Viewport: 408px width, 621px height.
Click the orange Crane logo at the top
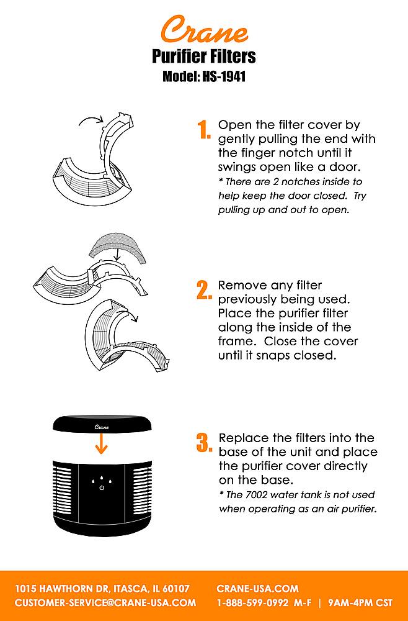point(205,29)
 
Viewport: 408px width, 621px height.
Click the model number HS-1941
point(224,76)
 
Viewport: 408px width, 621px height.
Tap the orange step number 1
point(204,130)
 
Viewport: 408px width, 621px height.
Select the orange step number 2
point(204,290)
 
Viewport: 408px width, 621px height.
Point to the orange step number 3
point(205,443)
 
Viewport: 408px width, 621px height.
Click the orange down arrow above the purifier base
point(102,443)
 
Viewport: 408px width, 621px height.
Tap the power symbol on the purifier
point(102,487)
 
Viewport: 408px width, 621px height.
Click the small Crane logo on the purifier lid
point(102,427)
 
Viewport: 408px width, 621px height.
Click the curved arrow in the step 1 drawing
point(91,119)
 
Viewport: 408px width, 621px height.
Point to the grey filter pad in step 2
point(117,248)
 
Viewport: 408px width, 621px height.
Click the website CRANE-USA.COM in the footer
point(257,589)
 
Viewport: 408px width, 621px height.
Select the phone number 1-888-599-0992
point(252,603)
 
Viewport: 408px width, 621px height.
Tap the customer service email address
point(105,603)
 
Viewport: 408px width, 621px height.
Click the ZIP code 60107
point(176,589)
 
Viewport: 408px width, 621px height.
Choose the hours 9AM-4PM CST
point(360,603)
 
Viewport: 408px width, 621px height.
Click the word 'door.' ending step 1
point(345,166)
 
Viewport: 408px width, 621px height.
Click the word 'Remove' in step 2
point(242,285)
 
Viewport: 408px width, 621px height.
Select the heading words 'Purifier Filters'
point(204,57)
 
